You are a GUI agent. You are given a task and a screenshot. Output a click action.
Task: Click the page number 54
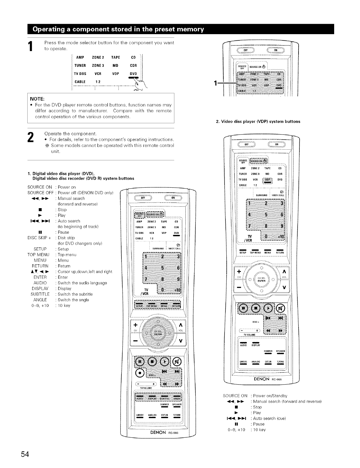point(25,454)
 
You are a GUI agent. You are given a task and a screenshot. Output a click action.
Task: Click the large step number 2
point(30,138)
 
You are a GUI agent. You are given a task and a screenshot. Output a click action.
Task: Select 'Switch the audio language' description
point(82,283)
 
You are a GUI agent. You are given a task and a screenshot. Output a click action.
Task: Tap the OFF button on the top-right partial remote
point(246,50)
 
